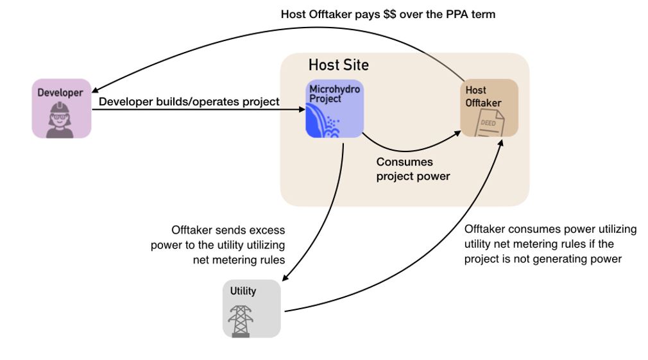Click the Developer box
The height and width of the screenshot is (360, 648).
(x=62, y=108)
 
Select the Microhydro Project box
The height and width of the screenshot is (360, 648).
(x=334, y=109)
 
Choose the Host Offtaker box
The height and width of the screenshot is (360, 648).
(x=490, y=108)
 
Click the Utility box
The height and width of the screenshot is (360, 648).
(x=252, y=308)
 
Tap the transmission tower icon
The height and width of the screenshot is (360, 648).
(x=241, y=320)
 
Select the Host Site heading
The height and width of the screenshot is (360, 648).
(x=338, y=65)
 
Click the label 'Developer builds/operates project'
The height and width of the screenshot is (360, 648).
(x=189, y=101)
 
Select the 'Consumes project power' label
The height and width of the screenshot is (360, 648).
(x=413, y=169)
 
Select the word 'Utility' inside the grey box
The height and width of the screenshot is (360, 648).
(x=243, y=291)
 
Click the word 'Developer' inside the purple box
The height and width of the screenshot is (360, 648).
(x=60, y=92)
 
